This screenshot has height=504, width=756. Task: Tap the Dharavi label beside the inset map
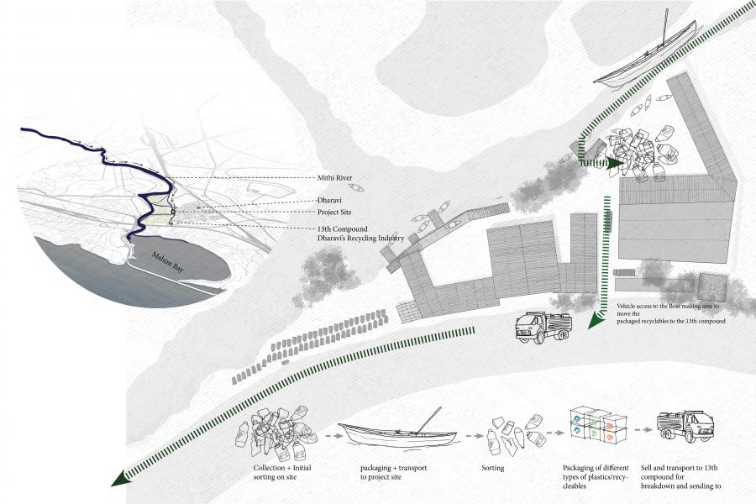pyautogui.click(x=329, y=201)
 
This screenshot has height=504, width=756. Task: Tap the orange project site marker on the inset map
pyautogui.click(x=173, y=213)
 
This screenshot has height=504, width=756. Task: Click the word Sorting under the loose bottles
pyautogui.click(x=493, y=467)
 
